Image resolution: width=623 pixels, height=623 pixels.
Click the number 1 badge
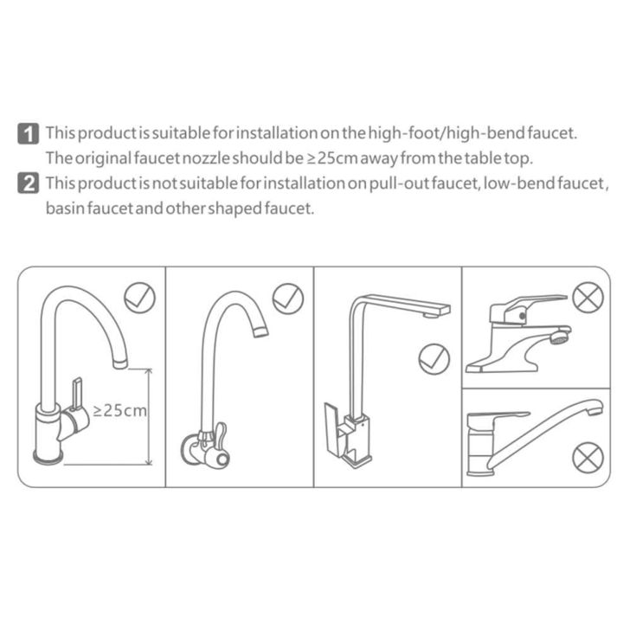click(29, 133)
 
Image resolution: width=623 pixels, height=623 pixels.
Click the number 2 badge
click(29, 183)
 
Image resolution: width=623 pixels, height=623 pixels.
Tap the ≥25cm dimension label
click(119, 410)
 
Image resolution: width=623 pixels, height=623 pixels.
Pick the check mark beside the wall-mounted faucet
click(287, 299)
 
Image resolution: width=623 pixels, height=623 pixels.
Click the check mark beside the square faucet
click(433, 358)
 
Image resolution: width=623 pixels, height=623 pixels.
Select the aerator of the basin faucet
click(559, 336)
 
